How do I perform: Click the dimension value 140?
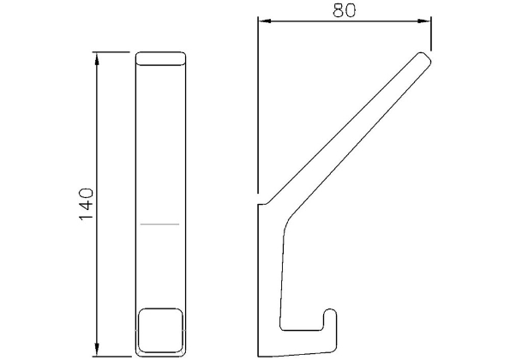tap(86, 204)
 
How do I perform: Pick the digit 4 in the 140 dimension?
tap(86, 206)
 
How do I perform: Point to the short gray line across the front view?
tap(159, 225)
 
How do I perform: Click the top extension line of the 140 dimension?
tap(116, 53)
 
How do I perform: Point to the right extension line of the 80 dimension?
tap(429, 34)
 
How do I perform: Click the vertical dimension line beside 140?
tap(98, 129)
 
